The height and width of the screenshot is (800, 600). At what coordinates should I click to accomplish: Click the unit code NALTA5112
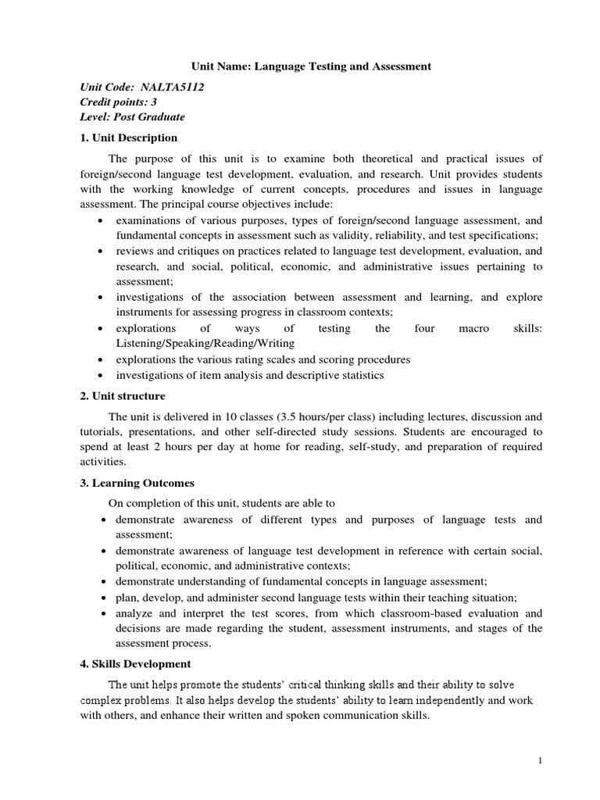[172, 87]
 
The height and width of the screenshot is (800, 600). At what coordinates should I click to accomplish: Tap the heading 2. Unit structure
[123, 397]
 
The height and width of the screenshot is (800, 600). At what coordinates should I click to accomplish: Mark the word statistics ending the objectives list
[358, 376]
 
